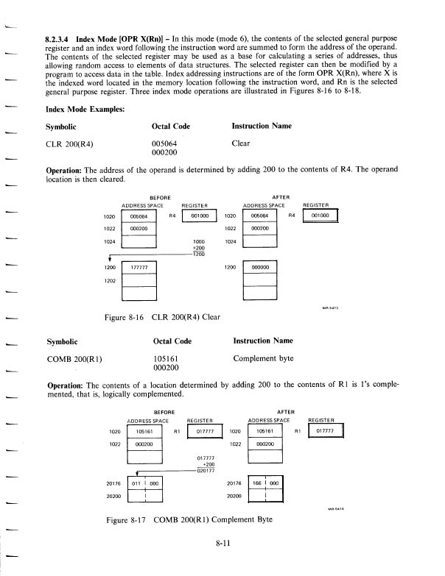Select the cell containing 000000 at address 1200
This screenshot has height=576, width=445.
click(261, 269)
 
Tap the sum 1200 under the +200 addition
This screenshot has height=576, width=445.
click(198, 255)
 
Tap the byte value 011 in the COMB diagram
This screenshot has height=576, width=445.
click(134, 483)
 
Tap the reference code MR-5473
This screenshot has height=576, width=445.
click(330, 308)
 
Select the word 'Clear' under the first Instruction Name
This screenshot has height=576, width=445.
click(241, 143)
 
